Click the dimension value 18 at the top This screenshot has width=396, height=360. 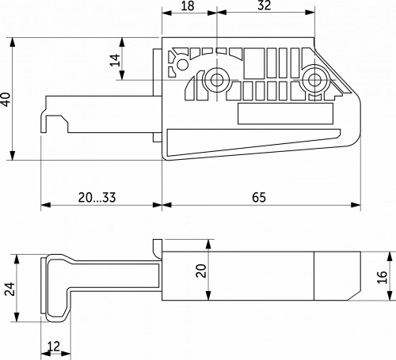point(188,6)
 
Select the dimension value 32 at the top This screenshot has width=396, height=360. point(265,6)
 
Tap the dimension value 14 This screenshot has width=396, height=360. point(115,60)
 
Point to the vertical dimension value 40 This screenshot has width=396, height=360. point(6,99)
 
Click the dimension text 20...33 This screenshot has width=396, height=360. point(97,197)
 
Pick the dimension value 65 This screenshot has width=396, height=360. point(259,197)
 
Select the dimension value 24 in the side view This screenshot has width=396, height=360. point(10,289)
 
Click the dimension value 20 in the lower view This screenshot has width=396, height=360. point(201,271)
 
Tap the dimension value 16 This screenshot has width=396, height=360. point(383,277)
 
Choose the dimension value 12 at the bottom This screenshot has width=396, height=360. point(54,346)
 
